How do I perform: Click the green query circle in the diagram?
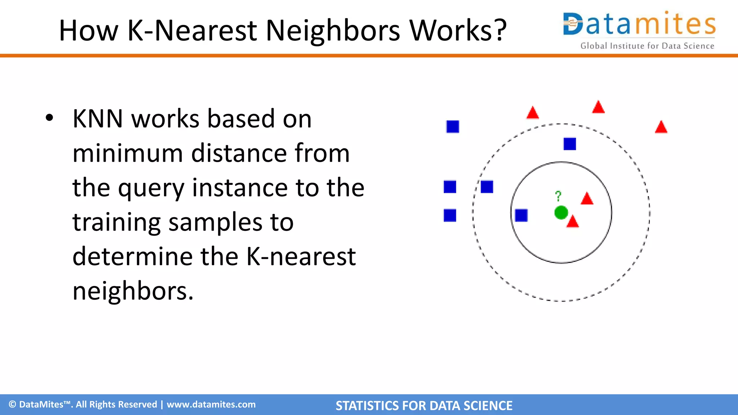pyautogui.click(x=561, y=213)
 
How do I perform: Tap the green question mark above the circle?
pyautogui.click(x=558, y=196)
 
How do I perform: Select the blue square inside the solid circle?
pyautogui.click(x=521, y=215)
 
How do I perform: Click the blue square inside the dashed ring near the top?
pyautogui.click(x=569, y=144)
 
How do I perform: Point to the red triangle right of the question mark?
pyautogui.click(x=587, y=199)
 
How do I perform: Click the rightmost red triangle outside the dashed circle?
pyautogui.click(x=661, y=128)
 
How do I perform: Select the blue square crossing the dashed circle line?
pyautogui.click(x=486, y=187)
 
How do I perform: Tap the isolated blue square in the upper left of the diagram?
pyautogui.click(x=453, y=127)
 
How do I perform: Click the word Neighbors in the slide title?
pyautogui.click(x=332, y=30)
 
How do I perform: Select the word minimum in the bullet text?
pyautogui.click(x=127, y=153)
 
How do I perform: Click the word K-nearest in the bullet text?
pyautogui.click(x=301, y=257)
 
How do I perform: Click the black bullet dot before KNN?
pyautogui.click(x=49, y=118)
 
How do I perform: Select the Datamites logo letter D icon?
pyautogui.click(x=573, y=24)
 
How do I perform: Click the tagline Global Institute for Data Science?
pyautogui.click(x=647, y=46)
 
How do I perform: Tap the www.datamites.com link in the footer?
pyautogui.click(x=211, y=405)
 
